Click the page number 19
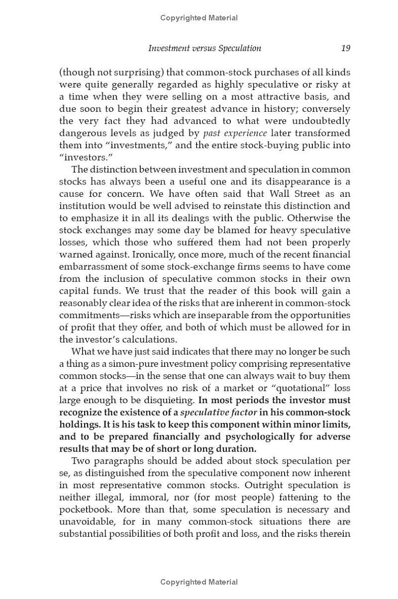(x=346, y=48)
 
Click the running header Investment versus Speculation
(x=204, y=48)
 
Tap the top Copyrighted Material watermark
(x=199, y=18)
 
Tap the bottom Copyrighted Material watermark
(x=199, y=582)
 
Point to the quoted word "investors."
(x=83, y=158)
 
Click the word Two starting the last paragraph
(x=81, y=461)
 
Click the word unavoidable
(x=90, y=521)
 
